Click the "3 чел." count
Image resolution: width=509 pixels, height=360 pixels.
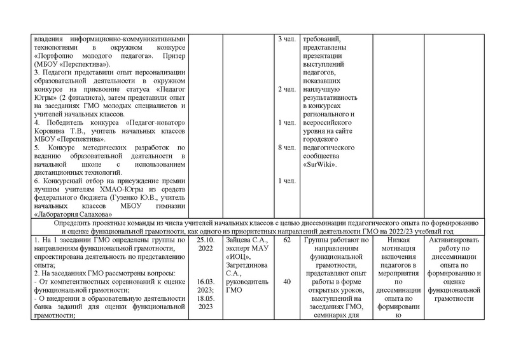click(x=286, y=39)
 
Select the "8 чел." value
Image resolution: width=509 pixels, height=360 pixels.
click(x=286, y=148)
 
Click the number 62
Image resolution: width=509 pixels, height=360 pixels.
click(x=286, y=241)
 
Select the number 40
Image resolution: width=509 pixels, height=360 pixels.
click(x=286, y=282)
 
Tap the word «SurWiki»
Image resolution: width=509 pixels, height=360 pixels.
click(x=321, y=164)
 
